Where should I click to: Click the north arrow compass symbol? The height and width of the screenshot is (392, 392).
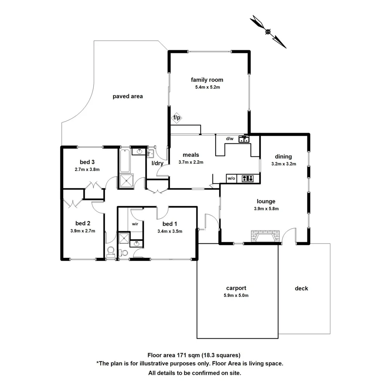pos(268,32)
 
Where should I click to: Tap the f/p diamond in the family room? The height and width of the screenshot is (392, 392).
pos(177,118)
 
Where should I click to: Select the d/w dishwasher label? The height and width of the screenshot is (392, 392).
pos(230,139)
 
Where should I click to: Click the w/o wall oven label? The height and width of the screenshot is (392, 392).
pos(231,178)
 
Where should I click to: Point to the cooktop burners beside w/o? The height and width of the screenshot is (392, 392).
pos(248,178)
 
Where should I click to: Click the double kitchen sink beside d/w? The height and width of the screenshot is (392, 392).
pos(244,139)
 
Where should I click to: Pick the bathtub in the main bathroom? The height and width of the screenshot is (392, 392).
pos(124,160)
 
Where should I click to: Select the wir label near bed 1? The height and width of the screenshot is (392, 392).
pos(135,224)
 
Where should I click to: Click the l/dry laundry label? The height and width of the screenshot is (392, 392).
pos(157,163)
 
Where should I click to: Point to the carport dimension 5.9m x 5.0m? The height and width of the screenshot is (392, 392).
pos(236,295)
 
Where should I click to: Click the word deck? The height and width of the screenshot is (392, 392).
pos(301,289)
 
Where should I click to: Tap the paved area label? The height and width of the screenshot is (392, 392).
pos(127,96)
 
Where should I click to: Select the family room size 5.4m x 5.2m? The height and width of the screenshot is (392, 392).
pos(207,87)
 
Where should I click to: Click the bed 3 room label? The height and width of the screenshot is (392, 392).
pos(87,162)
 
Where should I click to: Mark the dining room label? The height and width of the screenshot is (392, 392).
pos(283,157)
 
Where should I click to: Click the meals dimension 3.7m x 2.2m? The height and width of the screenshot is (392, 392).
pos(191,162)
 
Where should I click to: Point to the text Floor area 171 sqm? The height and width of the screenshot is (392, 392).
pos(171,355)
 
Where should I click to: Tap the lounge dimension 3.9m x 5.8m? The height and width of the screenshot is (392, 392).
pos(266,209)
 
